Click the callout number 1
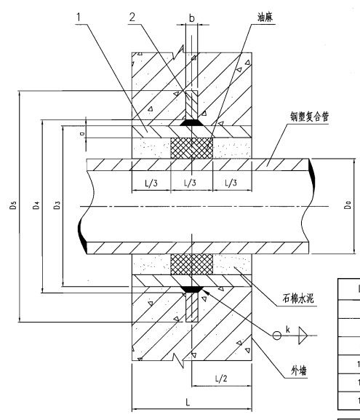click(79, 17)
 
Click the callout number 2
click(132, 17)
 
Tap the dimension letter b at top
click(192, 18)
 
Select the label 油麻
click(265, 17)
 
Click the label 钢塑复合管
click(309, 116)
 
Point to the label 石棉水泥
click(298, 298)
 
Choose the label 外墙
click(299, 371)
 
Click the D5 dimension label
click(13, 205)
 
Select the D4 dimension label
click(36, 205)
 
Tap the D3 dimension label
click(57, 205)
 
